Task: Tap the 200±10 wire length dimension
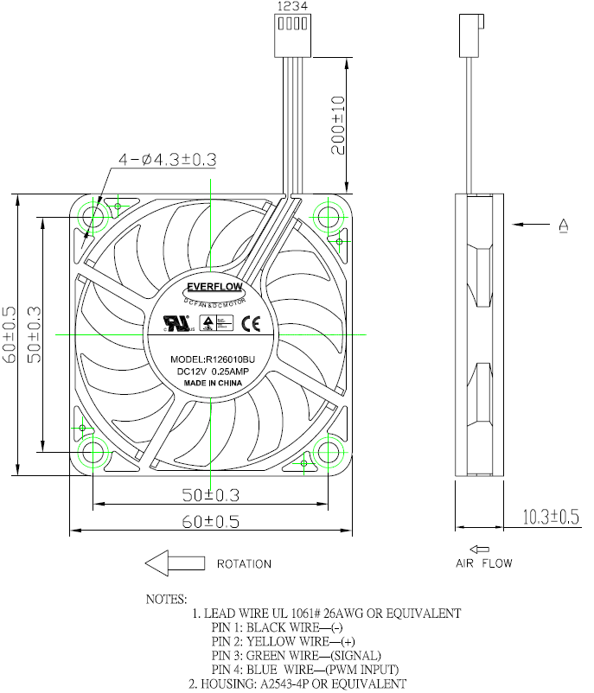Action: tap(338, 124)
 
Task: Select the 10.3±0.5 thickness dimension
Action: tap(550, 518)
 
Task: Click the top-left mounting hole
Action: tap(93, 215)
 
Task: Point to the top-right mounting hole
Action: tap(329, 213)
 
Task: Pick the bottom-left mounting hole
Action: tap(93, 451)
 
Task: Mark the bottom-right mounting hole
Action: tap(329, 451)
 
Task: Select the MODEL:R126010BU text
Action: tap(213, 359)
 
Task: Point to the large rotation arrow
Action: tap(174, 563)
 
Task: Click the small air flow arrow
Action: tap(482, 548)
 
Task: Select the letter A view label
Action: tap(564, 226)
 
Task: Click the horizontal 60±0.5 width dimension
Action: tap(209, 521)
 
